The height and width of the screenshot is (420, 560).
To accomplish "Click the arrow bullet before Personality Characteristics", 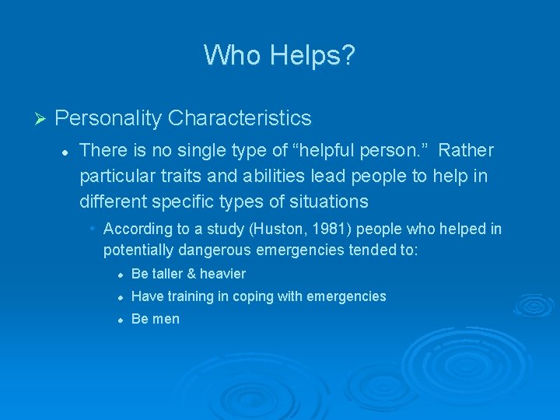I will click(x=42, y=119).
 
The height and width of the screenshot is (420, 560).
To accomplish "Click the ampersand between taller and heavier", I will click(x=195, y=274).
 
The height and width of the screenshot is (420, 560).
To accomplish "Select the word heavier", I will click(x=224, y=274).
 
